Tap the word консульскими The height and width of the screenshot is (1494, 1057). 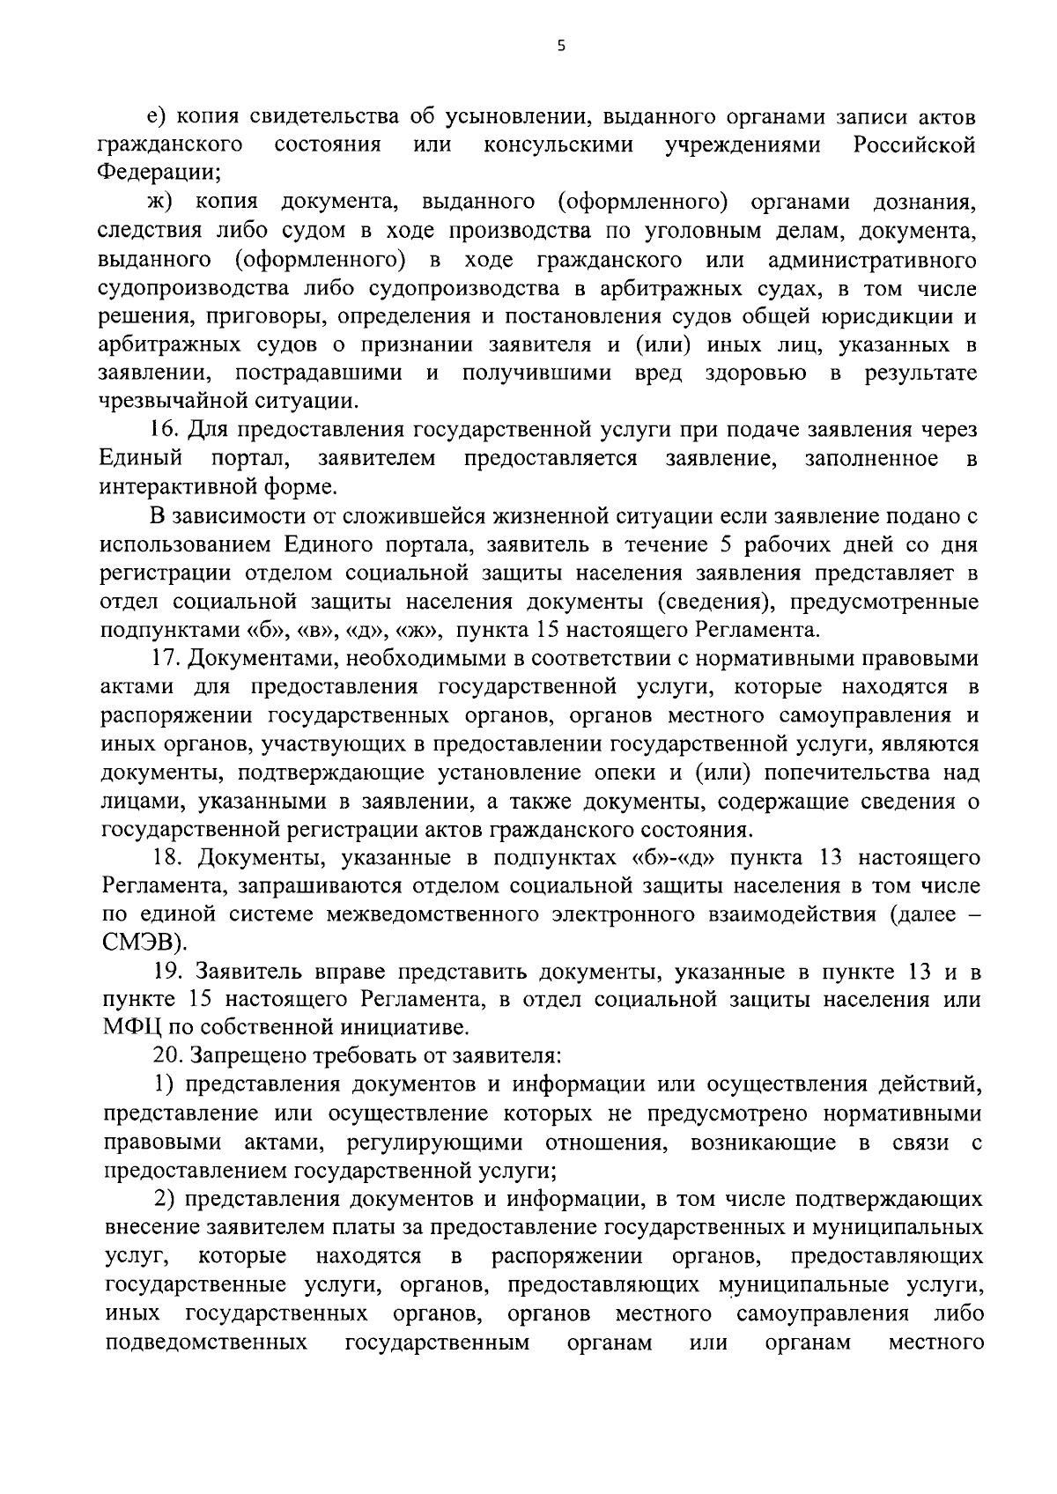coord(558,145)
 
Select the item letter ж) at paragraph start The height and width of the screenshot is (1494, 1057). coord(162,203)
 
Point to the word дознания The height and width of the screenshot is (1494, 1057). coord(924,203)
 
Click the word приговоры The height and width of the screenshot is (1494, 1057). coord(239,316)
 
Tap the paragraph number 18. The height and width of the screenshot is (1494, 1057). coord(167,858)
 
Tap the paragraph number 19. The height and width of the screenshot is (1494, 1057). coord(167,972)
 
